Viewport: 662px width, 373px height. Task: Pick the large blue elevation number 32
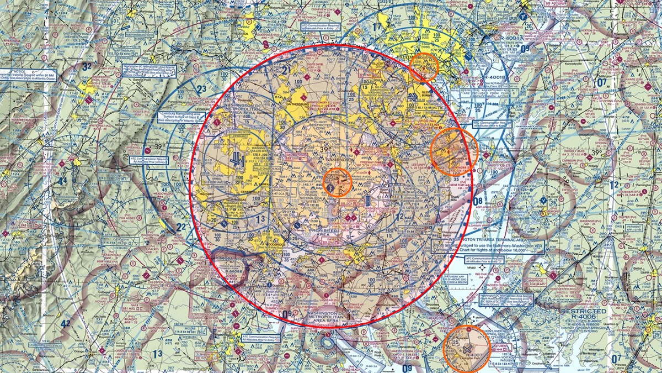87,66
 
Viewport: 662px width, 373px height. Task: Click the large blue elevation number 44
63,181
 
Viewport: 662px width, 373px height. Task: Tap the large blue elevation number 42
65,324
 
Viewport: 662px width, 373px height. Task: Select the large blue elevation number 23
201,88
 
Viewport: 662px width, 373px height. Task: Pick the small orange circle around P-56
336,183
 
